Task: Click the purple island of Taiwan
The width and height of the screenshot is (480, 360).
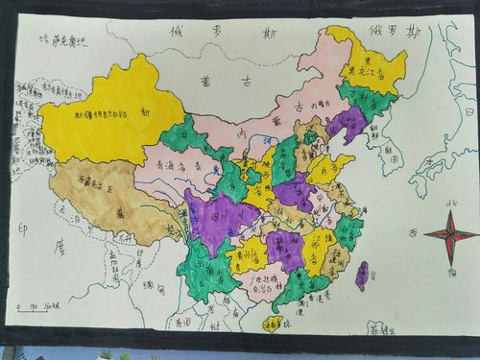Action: (361, 276)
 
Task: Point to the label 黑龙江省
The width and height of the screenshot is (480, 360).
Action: (363, 70)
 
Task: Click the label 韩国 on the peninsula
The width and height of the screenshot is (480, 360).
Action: (390, 154)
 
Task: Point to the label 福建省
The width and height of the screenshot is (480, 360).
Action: (336, 254)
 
